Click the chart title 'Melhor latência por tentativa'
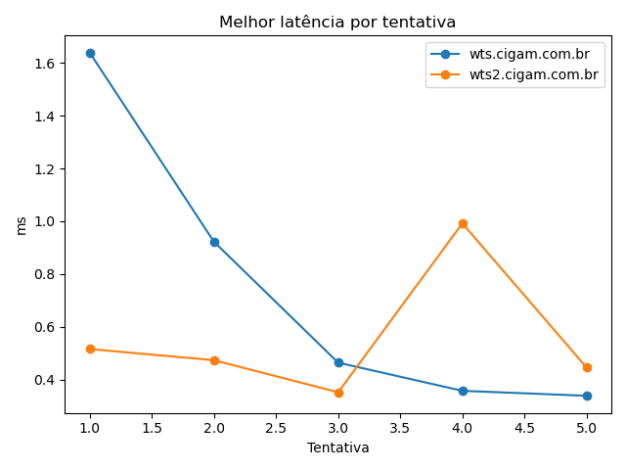point(337,22)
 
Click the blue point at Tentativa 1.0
point(90,53)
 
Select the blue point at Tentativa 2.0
point(214,242)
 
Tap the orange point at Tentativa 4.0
point(463,223)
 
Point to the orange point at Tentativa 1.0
point(90,349)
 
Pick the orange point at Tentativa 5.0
point(587,367)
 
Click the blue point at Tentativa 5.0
point(587,396)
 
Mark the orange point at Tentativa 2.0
point(214,360)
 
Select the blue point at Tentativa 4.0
point(463,391)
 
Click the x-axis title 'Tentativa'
point(337,447)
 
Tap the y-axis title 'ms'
point(21,225)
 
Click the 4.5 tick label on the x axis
point(524,428)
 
